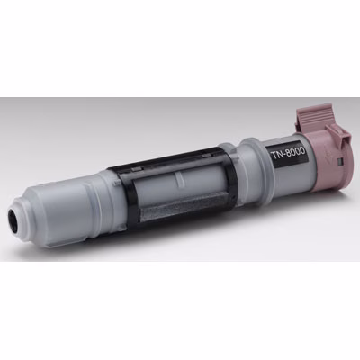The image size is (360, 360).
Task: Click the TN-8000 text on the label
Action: click(287, 153)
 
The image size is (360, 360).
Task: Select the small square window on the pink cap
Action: click(340, 162)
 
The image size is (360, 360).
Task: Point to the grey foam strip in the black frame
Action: click(185, 207)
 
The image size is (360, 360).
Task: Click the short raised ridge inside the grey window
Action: click(180, 179)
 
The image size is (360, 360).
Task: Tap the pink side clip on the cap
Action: click(338, 137)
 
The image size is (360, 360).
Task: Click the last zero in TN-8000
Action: click(301, 150)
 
